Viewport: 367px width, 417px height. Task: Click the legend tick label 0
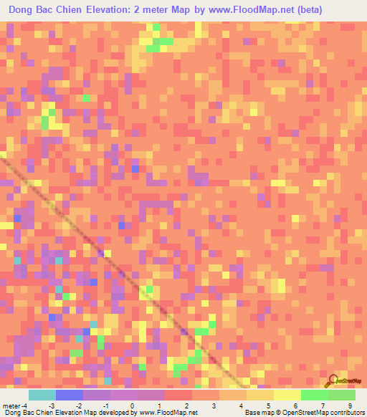point(133,406)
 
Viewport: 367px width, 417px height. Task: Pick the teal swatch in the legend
point(42,395)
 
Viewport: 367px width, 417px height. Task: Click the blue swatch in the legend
point(69,395)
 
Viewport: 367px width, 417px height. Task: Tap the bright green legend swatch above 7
point(314,395)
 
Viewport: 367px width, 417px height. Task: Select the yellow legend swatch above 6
point(287,395)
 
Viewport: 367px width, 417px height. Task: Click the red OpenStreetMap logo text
point(349,382)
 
